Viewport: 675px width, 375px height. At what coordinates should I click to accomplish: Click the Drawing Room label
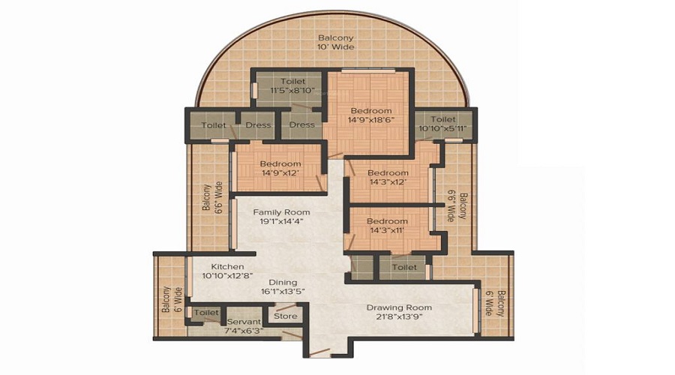coord(399,307)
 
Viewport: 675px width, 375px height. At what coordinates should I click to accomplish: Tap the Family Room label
coord(281,212)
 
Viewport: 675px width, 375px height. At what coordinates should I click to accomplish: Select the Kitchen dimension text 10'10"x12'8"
coord(227,276)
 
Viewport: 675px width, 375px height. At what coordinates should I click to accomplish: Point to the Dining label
coord(283,283)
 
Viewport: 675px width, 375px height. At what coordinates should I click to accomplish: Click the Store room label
coord(286,316)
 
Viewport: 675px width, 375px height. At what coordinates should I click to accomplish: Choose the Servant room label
coord(244,322)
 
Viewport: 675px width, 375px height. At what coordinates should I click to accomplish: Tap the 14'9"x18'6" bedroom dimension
coord(371,120)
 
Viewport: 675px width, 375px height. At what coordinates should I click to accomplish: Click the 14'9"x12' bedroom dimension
coord(280,173)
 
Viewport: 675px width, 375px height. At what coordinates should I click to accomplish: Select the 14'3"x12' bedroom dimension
coord(388,182)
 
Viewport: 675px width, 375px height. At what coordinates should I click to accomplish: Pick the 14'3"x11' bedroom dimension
coord(387,230)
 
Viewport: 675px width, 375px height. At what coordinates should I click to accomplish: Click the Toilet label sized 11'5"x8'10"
coord(292,81)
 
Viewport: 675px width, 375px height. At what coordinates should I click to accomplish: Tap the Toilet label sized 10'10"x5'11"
coord(443,119)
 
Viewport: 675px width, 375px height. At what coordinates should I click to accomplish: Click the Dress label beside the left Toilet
coord(258,125)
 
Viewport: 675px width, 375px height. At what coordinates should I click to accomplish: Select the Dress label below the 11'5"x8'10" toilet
coord(301,124)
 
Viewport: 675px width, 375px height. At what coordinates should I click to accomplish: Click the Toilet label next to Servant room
coord(206,313)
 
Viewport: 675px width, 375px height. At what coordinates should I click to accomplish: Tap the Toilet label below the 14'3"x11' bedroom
coord(404,267)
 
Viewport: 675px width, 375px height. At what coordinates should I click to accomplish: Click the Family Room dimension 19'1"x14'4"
coord(281,222)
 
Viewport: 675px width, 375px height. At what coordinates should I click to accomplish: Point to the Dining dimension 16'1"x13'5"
coord(283,292)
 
